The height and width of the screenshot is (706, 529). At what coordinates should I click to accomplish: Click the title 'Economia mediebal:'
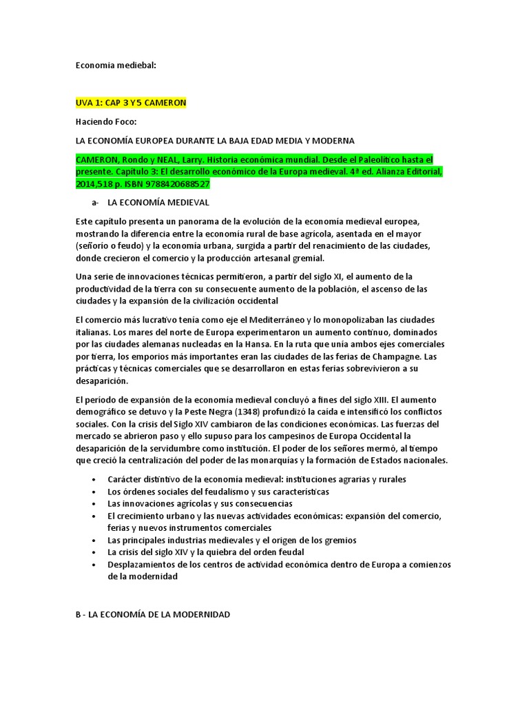(116, 65)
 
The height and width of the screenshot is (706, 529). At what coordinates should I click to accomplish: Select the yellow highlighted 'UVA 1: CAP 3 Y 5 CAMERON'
(131, 103)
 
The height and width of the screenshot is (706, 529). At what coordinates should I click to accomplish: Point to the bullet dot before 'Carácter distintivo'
(94, 479)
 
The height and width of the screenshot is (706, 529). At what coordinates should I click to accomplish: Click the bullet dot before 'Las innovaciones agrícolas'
(94, 504)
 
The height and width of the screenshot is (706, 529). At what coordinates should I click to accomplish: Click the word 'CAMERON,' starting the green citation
(101, 159)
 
